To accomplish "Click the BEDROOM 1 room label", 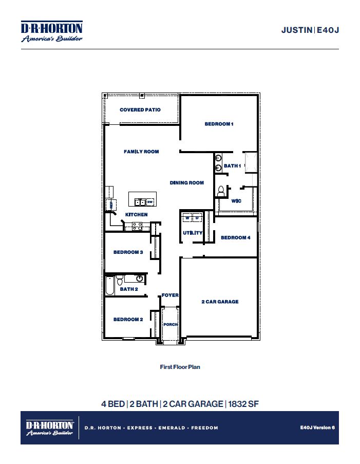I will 219,124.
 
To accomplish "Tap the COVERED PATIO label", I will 140,109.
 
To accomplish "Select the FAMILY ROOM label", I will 141,152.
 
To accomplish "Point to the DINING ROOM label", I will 187,182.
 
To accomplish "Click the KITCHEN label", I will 137,214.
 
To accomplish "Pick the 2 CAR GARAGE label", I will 220,302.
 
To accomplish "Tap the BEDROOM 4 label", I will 236,237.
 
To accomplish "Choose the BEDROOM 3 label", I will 128,252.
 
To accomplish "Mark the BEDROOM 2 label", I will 128,319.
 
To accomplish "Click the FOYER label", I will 170,295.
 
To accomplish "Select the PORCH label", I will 170,325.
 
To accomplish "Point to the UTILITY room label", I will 193,233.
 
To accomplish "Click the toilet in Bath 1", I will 221,191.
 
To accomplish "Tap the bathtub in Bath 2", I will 109,286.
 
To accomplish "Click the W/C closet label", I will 236,201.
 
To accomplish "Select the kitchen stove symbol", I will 137,225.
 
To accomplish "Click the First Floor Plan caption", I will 180,367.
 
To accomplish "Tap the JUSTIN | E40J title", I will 310,30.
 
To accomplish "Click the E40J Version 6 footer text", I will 317,427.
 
